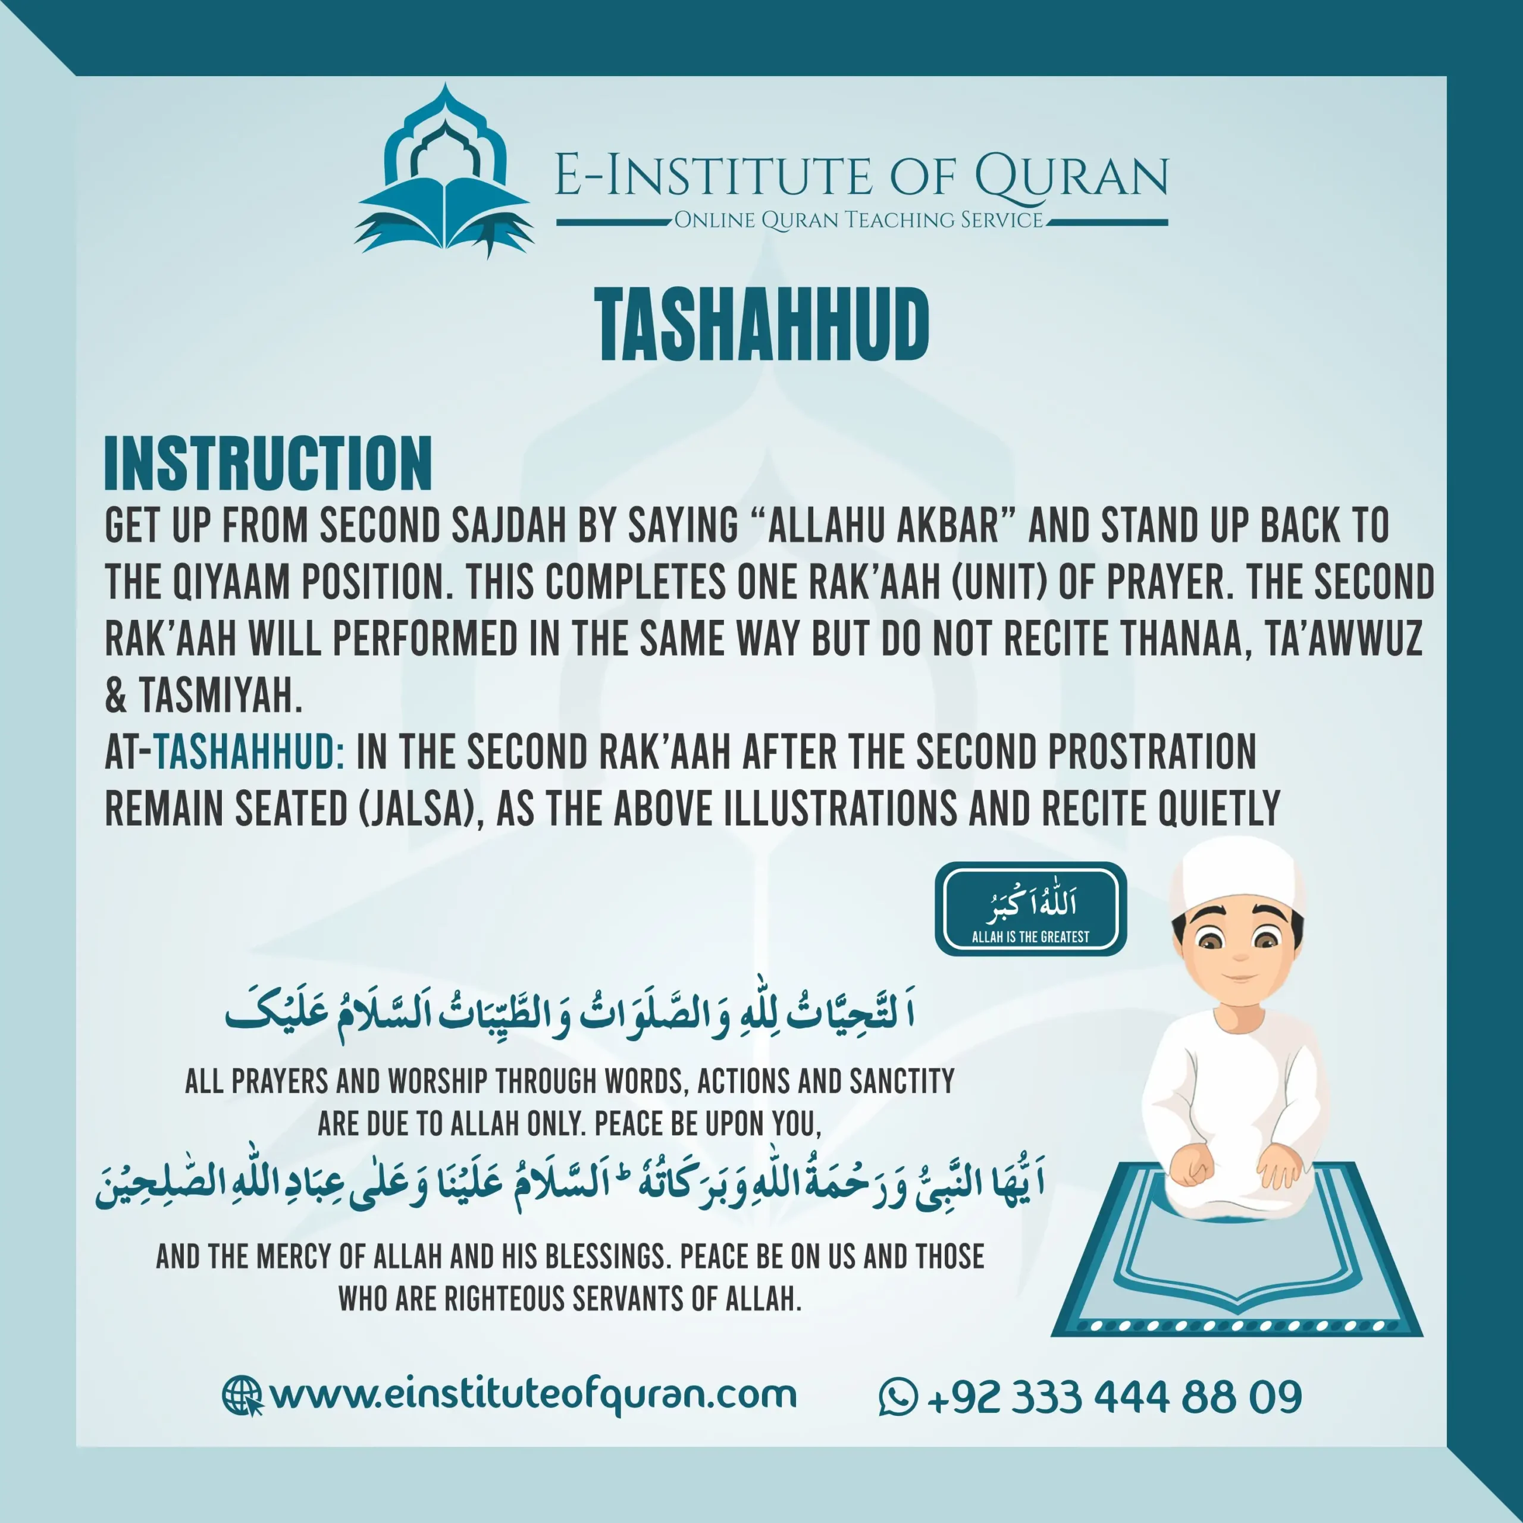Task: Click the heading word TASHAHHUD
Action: pyautogui.click(x=762, y=325)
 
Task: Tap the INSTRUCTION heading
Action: pyautogui.click(x=268, y=463)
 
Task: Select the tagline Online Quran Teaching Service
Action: pyautogui.click(x=859, y=220)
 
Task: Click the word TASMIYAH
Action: pyautogui.click(x=221, y=696)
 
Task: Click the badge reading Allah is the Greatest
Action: pyautogui.click(x=1030, y=909)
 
